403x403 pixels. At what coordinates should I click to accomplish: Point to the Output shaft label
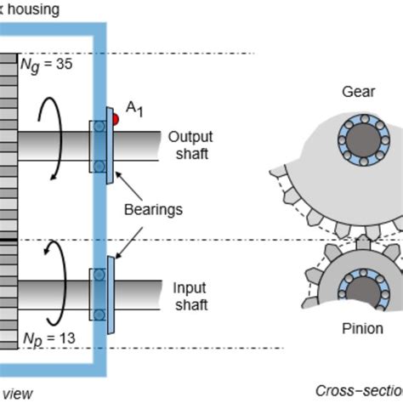[189, 145]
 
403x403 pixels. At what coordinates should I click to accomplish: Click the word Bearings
[149, 207]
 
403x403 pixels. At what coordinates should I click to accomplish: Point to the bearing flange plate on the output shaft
[109, 146]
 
